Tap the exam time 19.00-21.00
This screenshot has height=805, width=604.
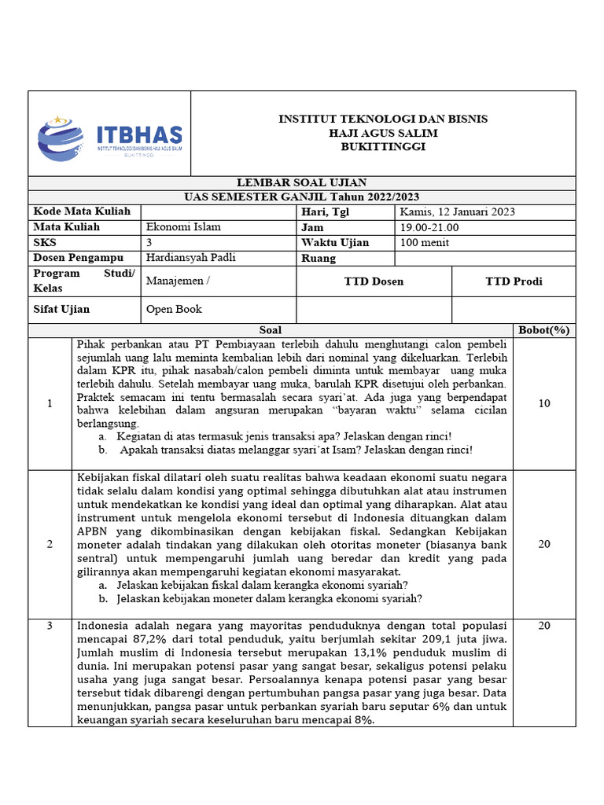click(429, 228)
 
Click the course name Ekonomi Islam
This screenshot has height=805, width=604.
click(183, 227)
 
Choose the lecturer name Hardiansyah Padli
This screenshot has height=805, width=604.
click(191, 258)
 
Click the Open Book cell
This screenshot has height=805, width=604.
click(174, 310)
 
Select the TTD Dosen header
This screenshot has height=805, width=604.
click(374, 281)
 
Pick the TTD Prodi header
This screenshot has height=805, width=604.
click(514, 281)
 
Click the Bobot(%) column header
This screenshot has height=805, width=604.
click(543, 330)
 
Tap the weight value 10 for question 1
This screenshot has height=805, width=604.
click(544, 404)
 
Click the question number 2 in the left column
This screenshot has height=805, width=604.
click(50, 544)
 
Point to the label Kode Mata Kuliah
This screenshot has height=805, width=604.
click(72, 212)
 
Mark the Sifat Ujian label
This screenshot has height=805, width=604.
click(61, 310)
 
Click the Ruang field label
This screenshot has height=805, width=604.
click(319, 259)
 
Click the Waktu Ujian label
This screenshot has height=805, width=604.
click(334, 243)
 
